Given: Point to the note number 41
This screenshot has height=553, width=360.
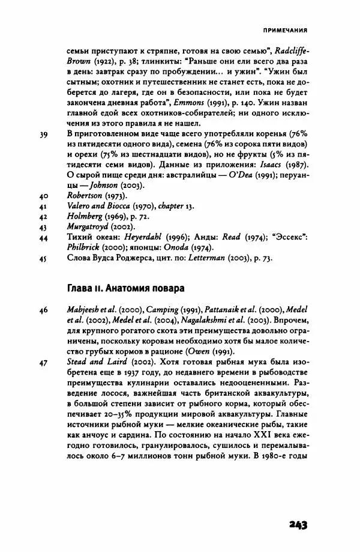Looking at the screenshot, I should coord(43,207).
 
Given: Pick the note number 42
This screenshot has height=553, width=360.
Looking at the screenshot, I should coord(43,217).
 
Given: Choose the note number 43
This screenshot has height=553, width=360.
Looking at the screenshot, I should coord(43,228).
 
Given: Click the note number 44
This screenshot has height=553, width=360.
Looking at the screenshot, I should coord(43,238).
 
